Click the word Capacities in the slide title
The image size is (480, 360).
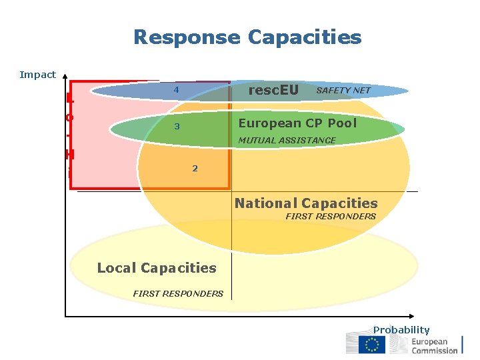pyautogui.click(x=305, y=37)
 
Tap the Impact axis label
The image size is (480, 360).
pyautogui.click(x=38, y=75)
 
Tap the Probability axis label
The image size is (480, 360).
pyautogui.click(x=401, y=329)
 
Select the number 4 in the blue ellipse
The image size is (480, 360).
pyautogui.click(x=177, y=90)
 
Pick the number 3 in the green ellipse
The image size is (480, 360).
pyautogui.click(x=177, y=127)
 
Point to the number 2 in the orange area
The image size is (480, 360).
pyautogui.click(x=195, y=168)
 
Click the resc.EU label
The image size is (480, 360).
pyautogui.click(x=273, y=89)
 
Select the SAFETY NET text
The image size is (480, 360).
pyautogui.click(x=343, y=90)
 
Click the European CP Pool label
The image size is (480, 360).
pyautogui.click(x=297, y=123)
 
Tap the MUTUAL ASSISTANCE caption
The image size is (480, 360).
pyautogui.click(x=287, y=140)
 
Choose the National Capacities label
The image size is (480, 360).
pyautogui.click(x=306, y=203)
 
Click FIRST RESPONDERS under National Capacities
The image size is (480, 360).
pyautogui.click(x=331, y=216)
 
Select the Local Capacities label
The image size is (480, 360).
pyautogui.click(x=157, y=268)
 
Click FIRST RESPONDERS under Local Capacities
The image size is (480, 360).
pyautogui.click(x=178, y=293)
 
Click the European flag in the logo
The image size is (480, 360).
pyautogui.click(x=371, y=345)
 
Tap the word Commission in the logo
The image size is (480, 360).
pyautogui.click(x=435, y=350)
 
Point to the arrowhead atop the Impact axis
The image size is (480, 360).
pyautogui.click(x=67, y=77)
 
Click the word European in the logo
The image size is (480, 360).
pyautogui.click(x=430, y=341)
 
